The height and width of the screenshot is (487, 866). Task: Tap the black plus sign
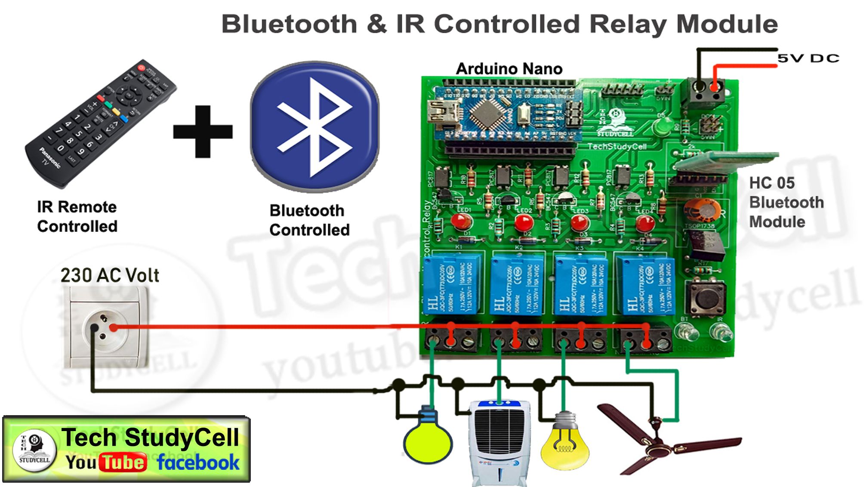click(203, 132)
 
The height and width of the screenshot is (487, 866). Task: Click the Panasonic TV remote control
click(100, 123)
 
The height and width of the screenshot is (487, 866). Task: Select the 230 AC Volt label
click(110, 275)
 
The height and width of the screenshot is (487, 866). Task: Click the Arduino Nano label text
click(509, 69)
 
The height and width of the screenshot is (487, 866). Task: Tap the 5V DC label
click(808, 58)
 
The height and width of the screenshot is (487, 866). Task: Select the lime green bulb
click(428, 441)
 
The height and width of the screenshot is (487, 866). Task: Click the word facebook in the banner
click(198, 463)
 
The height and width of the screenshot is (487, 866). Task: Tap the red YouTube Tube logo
click(123, 463)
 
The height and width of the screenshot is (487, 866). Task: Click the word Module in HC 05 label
click(777, 222)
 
